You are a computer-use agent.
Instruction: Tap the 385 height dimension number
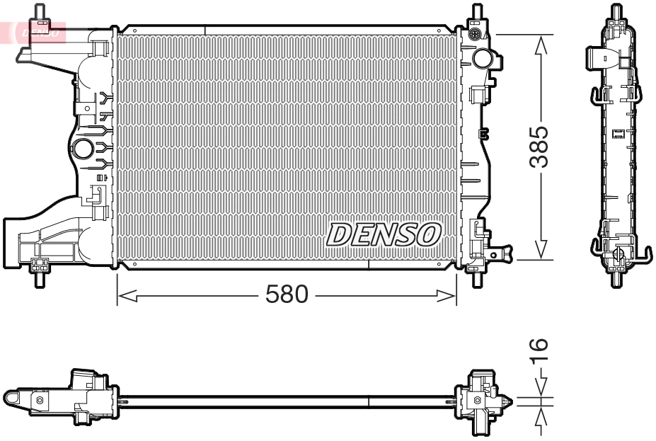pyautogui.click(x=541, y=147)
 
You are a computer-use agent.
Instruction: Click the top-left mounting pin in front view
pyautogui.click(x=40, y=13)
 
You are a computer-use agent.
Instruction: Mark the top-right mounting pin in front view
pyautogui.click(x=476, y=13)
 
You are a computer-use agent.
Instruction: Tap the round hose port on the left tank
pyautogui.click(x=83, y=149)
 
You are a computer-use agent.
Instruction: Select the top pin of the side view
pyautogui.click(x=617, y=12)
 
